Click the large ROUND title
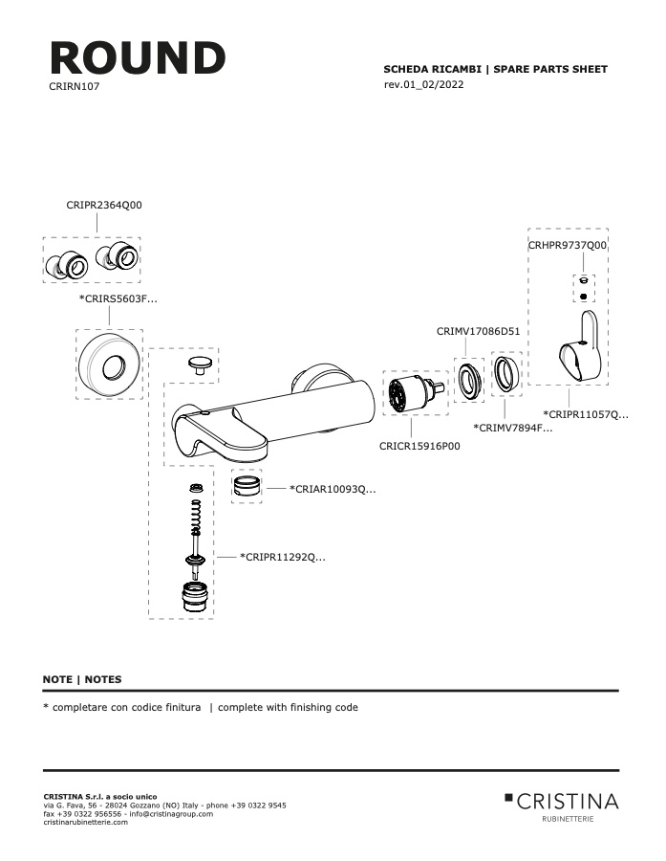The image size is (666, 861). click(x=138, y=57)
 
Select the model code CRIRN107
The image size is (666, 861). click(x=75, y=86)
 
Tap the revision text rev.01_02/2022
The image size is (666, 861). click(x=423, y=84)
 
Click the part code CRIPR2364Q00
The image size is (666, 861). click(x=104, y=205)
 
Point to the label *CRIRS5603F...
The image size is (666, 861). click(x=118, y=299)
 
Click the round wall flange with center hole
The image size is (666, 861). click(x=109, y=365)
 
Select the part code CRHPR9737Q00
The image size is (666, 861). click(x=568, y=245)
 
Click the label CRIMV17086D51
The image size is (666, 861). click(x=478, y=332)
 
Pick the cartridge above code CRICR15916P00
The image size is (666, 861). click(x=415, y=392)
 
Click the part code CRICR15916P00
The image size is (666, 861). click(x=419, y=447)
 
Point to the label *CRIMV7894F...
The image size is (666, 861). click(x=513, y=429)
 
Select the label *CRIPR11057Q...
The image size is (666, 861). click(x=586, y=414)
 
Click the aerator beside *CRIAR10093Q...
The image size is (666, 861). click(x=247, y=486)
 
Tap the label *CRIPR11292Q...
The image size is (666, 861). click(x=283, y=558)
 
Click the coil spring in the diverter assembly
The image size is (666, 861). click(x=195, y=518)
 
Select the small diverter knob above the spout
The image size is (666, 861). click(x=200, y=364)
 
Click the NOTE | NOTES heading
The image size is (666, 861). click(x=82, y=679)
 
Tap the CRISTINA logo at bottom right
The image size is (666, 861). click(x=561, y=806)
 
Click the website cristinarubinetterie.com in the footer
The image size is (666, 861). click(x=86, y=822)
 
